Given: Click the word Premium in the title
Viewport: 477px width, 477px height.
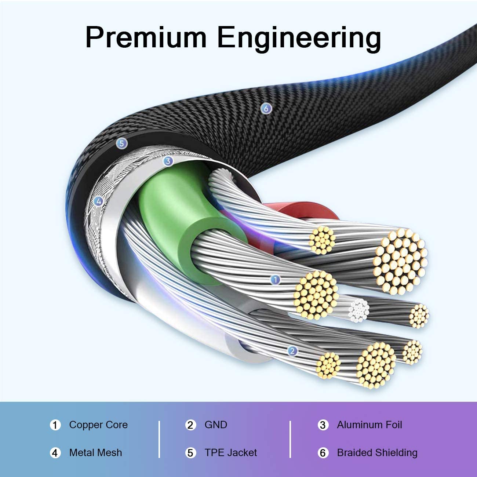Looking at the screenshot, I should coord(146,37).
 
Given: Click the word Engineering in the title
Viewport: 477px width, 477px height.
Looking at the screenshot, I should coord(299,38).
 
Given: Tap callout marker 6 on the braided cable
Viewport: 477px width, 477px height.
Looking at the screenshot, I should coord(266,108).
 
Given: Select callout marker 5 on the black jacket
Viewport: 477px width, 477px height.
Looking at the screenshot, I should coord(121,143).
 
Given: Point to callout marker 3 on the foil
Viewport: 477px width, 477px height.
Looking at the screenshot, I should coord(168,161).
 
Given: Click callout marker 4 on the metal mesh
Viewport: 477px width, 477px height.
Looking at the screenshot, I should coord(98,201).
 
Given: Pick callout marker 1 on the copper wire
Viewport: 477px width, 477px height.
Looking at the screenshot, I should coord(275,280).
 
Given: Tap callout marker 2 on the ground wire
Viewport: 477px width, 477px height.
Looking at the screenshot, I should coord(292,351).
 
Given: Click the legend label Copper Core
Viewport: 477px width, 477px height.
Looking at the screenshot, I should coord(98,425).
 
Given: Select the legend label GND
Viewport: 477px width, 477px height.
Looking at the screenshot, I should coord(216,425).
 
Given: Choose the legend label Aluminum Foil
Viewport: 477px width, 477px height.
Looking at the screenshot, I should coord(369,425).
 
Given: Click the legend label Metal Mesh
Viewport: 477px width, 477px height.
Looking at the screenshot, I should coord(95,453).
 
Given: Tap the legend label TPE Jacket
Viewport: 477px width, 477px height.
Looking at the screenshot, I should coord(230,453).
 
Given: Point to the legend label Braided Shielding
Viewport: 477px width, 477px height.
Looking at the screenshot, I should coord(377,453).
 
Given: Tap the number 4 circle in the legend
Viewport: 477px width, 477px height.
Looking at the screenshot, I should coord(55,453).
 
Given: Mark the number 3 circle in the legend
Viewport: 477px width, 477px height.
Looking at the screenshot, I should coord(323,425).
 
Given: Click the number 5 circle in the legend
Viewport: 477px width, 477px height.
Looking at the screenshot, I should coord(190,453).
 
